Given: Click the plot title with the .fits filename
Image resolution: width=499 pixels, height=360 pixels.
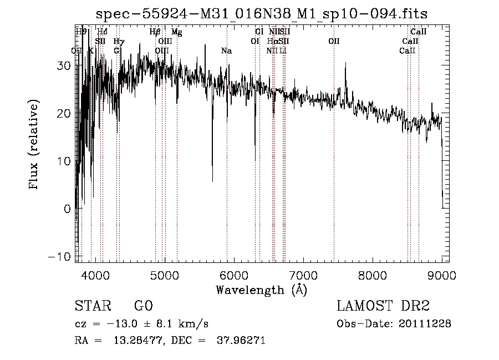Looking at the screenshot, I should tap(262, 13).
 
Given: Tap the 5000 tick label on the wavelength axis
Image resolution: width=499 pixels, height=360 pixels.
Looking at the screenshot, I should tap(165, 275).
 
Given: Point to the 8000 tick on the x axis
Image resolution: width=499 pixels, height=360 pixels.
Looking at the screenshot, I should tap(373, 275).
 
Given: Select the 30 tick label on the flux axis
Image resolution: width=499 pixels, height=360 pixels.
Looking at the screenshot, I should tap(65, 65).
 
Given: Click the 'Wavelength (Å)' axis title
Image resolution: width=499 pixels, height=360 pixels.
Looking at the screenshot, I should tap(261, 290).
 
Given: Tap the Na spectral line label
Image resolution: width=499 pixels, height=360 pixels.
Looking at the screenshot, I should tap(226, 51).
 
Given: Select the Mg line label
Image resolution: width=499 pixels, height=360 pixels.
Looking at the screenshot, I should tap(176, 32).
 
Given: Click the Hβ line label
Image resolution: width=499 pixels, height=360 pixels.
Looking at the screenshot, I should tap(155, 32).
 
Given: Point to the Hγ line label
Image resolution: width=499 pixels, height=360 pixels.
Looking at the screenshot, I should tap(119, 41).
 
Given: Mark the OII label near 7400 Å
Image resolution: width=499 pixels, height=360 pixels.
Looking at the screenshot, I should tap(333, 41).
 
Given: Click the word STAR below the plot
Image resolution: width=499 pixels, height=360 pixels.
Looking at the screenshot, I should tap(91, 306).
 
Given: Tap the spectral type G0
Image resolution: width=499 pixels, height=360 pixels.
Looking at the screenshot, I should tap(143, 306).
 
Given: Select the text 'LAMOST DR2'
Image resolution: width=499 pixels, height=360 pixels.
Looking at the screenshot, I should tap(383, 306).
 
